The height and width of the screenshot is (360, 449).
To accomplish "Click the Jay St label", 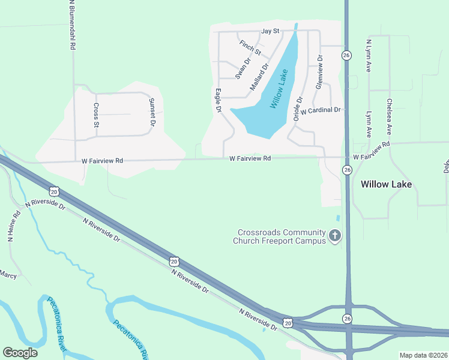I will point(270,31).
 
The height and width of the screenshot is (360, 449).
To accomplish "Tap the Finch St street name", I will point(250,47).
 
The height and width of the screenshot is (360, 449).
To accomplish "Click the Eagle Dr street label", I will point(218,101).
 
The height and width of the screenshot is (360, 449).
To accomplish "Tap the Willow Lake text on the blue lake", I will point(279,89).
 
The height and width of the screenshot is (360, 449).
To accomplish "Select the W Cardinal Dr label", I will point(321,110).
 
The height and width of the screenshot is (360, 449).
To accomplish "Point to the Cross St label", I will point(96,115).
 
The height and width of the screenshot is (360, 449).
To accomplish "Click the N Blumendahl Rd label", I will point(72,25).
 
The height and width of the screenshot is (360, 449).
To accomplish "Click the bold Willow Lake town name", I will point(387,184).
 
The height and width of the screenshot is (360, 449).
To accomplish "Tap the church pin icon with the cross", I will point(335,236).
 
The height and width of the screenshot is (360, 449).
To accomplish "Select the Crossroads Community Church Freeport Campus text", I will point(282,236).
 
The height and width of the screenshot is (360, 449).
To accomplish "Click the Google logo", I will point(20,353).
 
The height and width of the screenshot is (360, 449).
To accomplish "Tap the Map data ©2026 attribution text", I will point(423,355).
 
